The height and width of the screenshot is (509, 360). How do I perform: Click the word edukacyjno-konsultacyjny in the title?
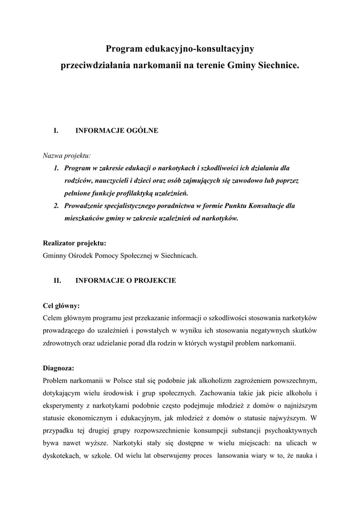(x=199, y=49)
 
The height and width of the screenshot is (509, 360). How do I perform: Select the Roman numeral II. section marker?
(x=57, y=280)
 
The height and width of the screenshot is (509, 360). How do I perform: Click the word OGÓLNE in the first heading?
(x=142, y=131)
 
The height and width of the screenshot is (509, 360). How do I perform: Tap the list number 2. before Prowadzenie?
(x=57, y=205)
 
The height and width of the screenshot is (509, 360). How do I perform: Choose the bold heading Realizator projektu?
(x=75, y=243)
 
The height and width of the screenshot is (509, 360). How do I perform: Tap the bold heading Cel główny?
(x=62, y=306)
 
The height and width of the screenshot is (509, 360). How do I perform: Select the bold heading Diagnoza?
(x=59, y=368)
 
